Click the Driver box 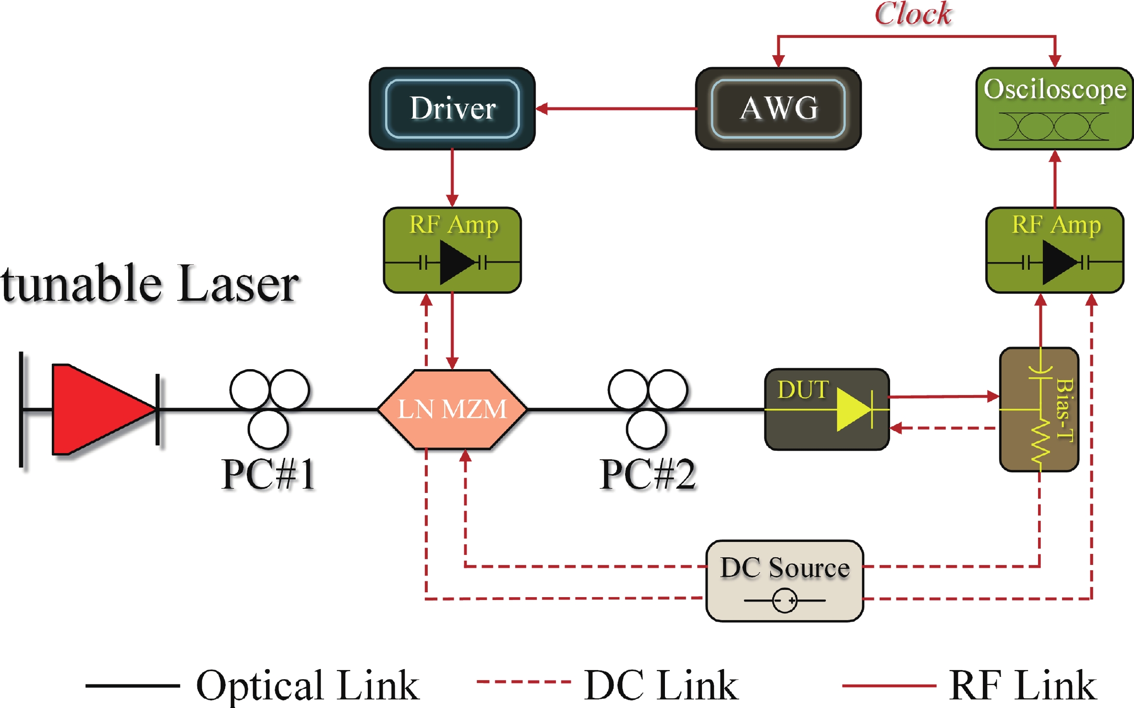(x=452, y=108)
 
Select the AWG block (x=778, y=108)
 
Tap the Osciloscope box (x=1054, y=108)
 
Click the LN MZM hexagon (x=452, y=409)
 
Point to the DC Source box (x=784, y=581)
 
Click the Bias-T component (x=1039, y=409)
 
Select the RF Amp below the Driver (x=452, y=250)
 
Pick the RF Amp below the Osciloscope (x=1055, y=250)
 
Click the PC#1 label (x=268, y=474)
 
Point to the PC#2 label (x=647, y=474)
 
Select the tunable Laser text (x=150, y=284)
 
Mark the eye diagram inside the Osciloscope (x=1054, y=127)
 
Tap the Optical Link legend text (x=308, y=685)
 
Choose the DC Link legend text (x=661, y=685)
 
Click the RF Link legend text (x=1023, y=685)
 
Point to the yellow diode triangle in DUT (x=853, y=409)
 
